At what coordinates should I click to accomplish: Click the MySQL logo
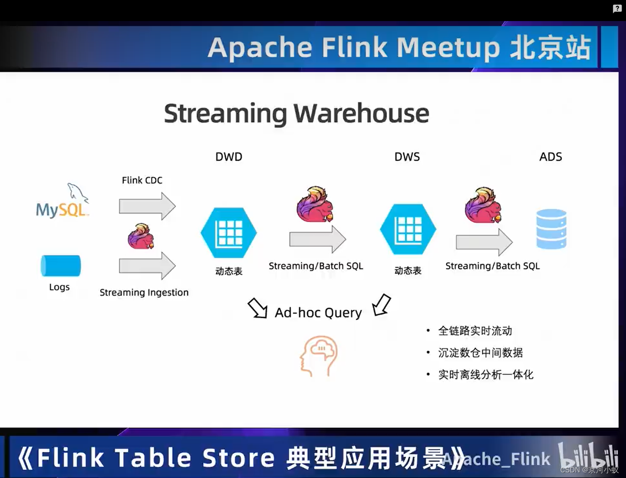coord(62,202)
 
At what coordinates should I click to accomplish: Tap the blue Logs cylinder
coord(60,265)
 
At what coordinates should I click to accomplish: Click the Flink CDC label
coord(142,180)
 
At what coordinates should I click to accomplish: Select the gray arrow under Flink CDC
coord(147,206)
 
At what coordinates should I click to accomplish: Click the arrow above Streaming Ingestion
coord(147,266)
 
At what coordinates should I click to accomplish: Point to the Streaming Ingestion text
coord(144,292)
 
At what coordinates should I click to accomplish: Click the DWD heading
coord(229,157)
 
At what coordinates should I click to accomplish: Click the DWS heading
coord(407,157)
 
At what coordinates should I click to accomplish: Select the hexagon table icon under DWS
coord(408,229)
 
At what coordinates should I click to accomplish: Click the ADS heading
coord(550,157)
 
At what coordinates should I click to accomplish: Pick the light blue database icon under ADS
coord(551,229)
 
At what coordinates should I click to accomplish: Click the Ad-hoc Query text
coord(318,313)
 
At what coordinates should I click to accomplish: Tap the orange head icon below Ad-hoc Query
coord(319,356)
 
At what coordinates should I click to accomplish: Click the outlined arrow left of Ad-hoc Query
coord(258,308)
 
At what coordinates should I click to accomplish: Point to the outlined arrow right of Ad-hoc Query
coord(381,305)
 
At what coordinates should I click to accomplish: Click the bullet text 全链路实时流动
coord(475,331)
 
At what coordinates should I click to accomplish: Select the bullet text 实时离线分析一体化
coord(486,374)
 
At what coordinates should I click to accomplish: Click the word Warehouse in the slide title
coord(361,113)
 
